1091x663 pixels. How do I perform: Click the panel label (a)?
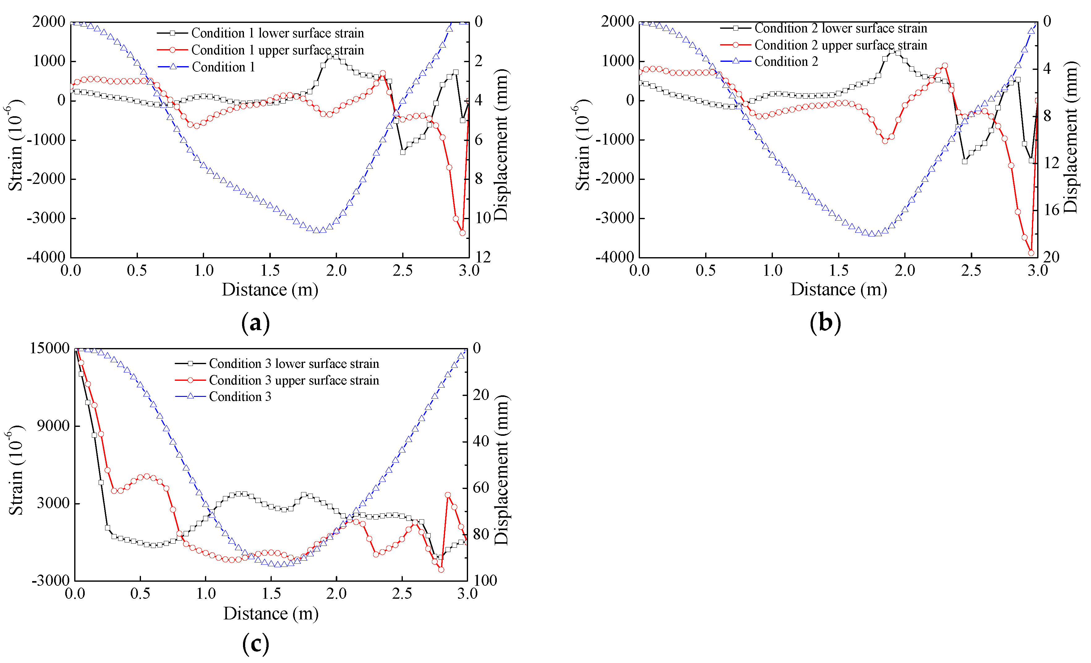tap(255, 323)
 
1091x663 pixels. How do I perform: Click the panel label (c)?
tap(255, 644)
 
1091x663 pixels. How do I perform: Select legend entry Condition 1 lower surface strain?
tap(277, 33)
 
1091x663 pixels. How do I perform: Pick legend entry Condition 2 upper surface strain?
tap(840, 45)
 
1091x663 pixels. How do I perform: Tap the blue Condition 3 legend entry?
tap(240, 397)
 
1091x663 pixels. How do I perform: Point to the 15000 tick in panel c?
tap(49, 348)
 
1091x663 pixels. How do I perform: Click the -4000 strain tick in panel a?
tap(46, 257)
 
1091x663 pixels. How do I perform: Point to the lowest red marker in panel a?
tap(462, 233)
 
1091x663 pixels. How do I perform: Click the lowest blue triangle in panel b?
tap(872, 234)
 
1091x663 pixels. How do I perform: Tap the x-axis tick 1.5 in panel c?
tap(271, 593)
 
